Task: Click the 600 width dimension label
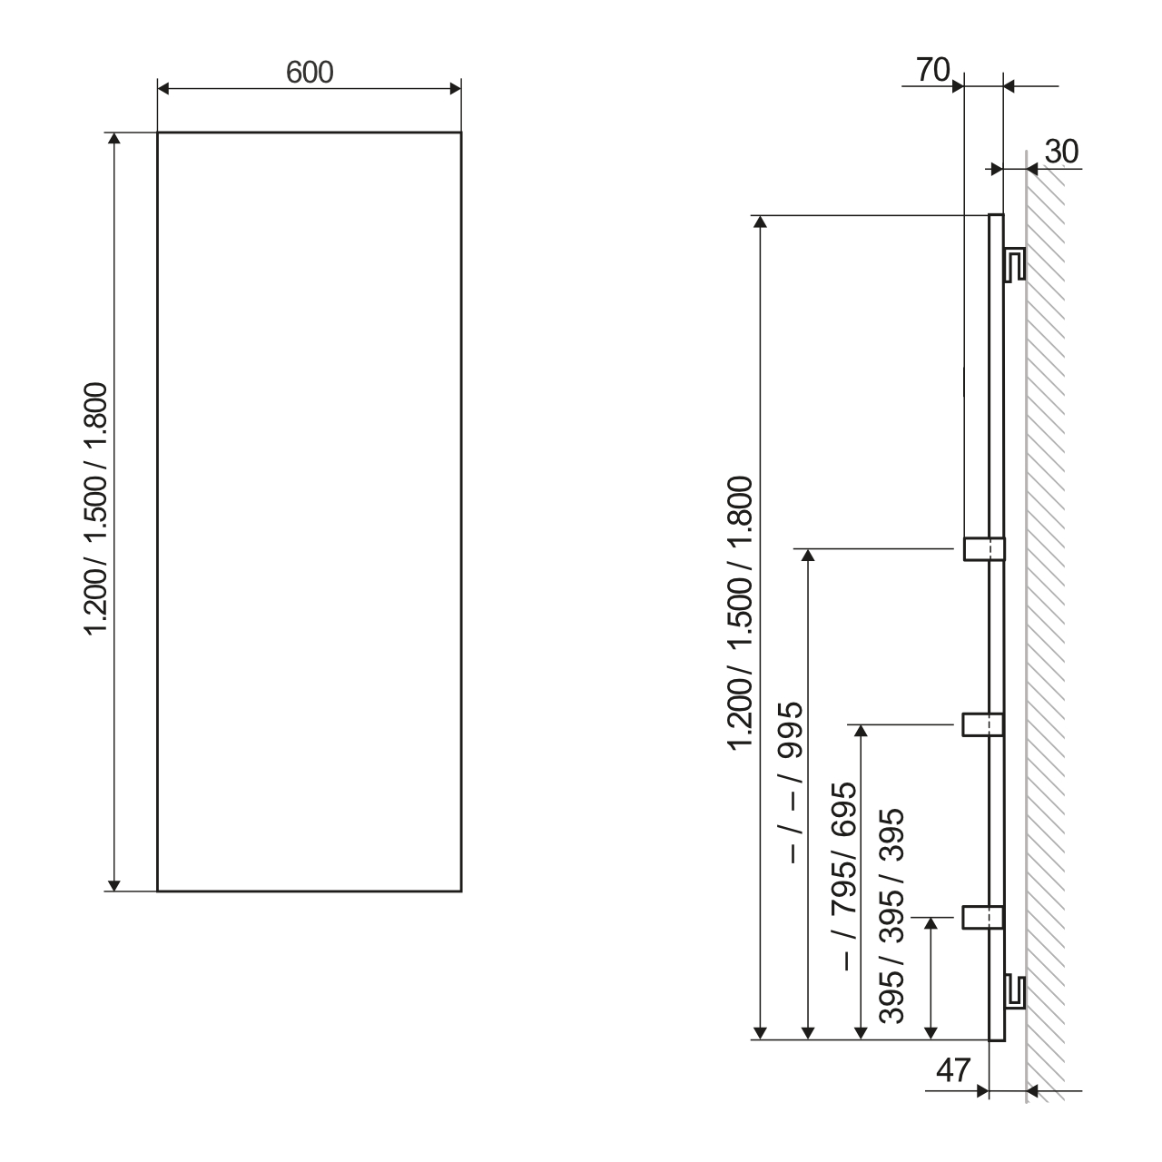coord(310,72)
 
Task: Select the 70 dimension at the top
coord(932,69)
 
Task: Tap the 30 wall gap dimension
coord(1060,152)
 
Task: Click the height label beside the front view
coord(96,511)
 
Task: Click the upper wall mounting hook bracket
coord(1016,262)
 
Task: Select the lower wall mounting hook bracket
coord(1016,991)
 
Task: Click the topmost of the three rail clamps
coord(983,549)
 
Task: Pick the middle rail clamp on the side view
coord(983,724)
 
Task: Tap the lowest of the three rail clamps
coord(983,918)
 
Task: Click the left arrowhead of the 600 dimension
coord(164,88)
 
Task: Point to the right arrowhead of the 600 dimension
coord(455,88)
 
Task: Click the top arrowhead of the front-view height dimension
coord(113,139)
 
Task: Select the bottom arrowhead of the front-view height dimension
coord(113,885)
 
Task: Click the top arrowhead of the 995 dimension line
coord(806,556)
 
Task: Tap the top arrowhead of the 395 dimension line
coord(931,924)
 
